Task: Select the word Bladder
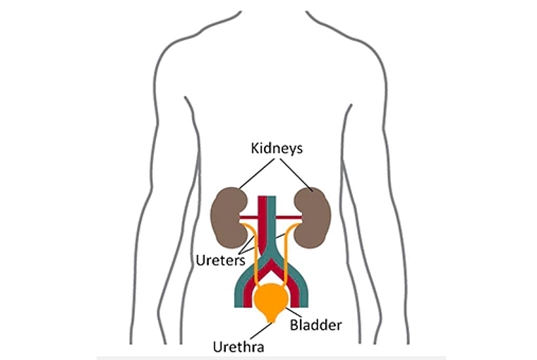(x=316, y=325)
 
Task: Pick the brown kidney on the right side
(x=311, y=214)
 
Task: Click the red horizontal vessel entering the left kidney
(x=247, y=217)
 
